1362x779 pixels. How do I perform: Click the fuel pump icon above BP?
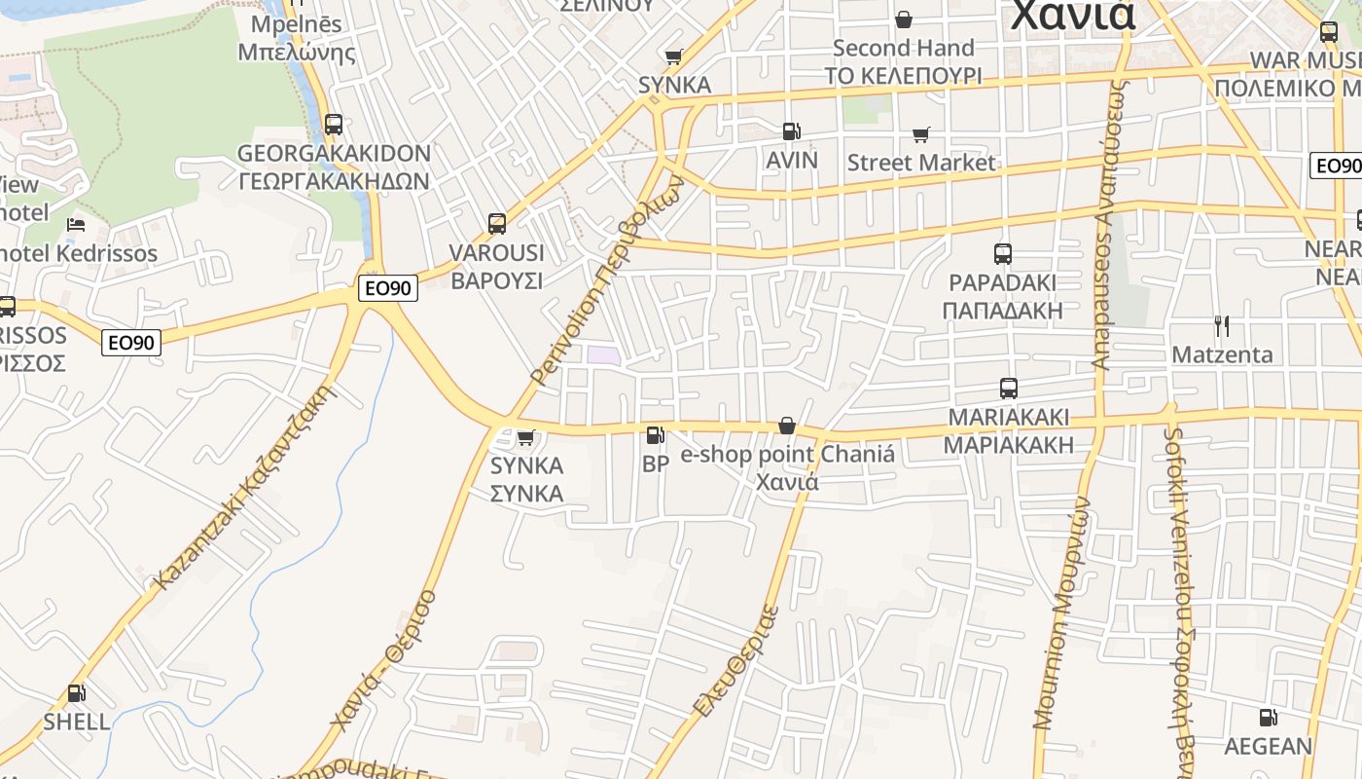(656, 435)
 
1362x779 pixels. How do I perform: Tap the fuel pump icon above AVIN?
(792, 131)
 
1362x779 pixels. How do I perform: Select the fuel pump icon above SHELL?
(76, 694)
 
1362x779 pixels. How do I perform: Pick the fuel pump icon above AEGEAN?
(1268, 719)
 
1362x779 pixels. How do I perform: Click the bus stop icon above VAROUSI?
(497, 224)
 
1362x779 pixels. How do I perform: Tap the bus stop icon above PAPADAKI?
(1003, 254)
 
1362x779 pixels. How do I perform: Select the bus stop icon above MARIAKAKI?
(1009, 389)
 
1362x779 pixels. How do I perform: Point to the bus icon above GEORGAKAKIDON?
(334, 125)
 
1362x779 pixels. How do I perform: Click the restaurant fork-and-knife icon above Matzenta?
(1222, 325)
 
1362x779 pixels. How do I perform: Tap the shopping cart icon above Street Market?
(920, 134)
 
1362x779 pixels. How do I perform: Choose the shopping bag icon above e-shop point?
(787, 426)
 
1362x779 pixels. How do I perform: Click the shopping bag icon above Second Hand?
(904, 19)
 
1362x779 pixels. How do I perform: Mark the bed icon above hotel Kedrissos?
(76, 225)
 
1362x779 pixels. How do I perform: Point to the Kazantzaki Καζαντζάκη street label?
(245, 486)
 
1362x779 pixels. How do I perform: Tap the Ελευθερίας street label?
(737, 661)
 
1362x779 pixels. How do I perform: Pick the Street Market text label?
(921, 163)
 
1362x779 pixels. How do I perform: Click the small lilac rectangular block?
(603, 354)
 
